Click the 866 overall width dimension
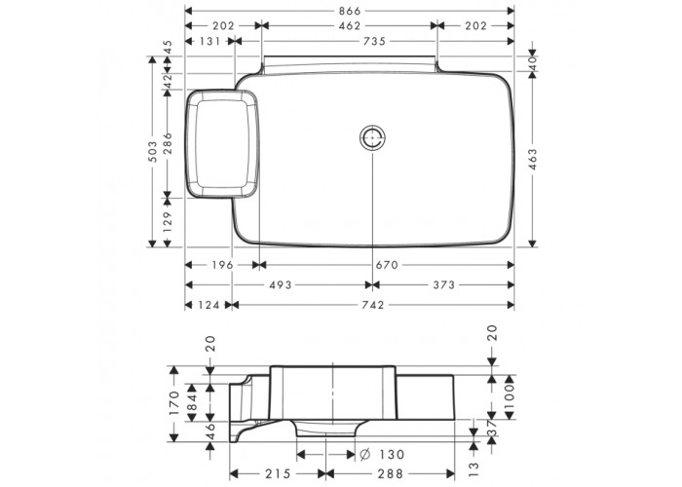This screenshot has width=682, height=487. (350, 11)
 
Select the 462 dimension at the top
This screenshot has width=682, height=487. (350, 26)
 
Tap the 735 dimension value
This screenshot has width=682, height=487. (374, 41)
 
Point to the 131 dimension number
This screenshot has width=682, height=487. (209, 41)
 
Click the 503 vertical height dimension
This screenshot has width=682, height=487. (152, 151)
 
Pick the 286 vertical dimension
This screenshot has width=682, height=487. (168, 143)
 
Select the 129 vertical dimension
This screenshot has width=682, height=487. (168, 223)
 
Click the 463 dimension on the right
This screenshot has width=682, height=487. (533, 160)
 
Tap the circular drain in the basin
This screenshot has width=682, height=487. (373, 137)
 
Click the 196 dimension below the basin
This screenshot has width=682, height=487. (222, 265)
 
